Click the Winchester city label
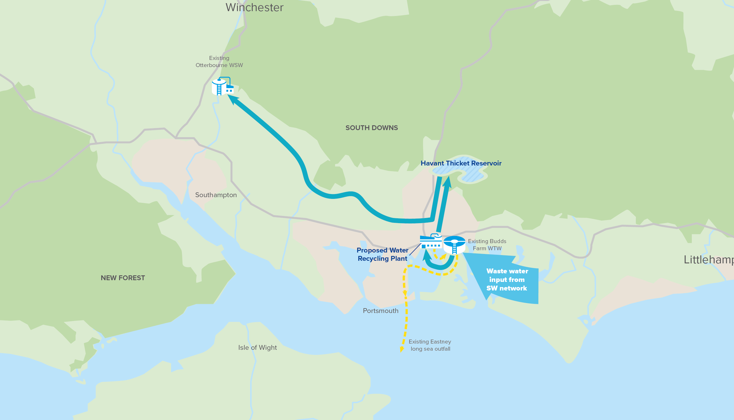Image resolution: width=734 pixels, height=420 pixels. click(254, 7)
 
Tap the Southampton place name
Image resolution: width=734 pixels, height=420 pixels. click(216, 195)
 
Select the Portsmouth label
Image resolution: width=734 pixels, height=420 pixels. click(381, 311)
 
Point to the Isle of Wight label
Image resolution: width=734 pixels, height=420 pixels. click(257, 348)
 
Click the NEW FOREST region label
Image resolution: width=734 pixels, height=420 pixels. click(123, 278)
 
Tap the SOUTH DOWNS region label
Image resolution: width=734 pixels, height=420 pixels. click(371, 128)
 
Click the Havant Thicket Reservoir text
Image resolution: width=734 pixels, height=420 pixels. click(461, 163)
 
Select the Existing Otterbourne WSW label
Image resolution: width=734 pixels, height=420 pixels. click(219, 61)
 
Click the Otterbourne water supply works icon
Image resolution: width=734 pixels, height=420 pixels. click(222, 86)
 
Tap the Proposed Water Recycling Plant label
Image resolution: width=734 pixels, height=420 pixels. click(382, 255)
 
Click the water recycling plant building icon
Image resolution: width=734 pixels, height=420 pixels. click(430, 242)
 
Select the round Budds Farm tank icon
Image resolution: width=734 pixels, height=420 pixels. click(454, 245)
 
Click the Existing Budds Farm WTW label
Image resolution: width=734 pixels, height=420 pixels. click(487, 245)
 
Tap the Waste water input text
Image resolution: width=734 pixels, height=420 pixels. click(507, 280)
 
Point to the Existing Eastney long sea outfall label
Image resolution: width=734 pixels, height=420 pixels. click(430, 345)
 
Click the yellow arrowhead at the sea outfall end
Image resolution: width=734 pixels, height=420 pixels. click(402, 350)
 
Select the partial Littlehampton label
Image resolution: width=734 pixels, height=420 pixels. click(708, 260)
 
